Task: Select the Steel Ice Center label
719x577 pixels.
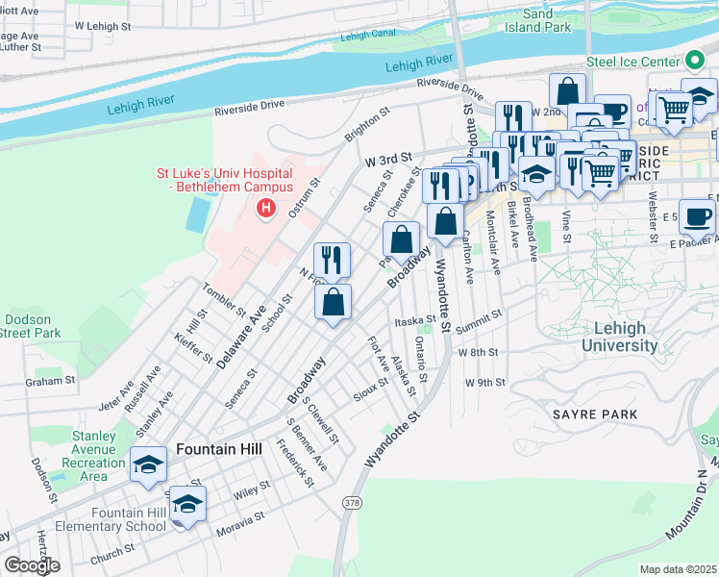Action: pos(633,62)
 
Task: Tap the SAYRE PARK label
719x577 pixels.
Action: pos(595,414)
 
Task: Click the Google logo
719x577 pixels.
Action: pos(32,565)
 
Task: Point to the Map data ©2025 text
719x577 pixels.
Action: pos(678,569)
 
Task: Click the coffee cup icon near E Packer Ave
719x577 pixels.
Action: pos(697,215)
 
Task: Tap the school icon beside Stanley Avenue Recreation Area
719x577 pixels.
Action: pos(148,464)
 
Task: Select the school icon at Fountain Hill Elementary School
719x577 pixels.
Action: pos(189,503)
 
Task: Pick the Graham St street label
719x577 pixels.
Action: pos(50,381)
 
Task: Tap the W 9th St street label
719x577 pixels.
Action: pos(484,382)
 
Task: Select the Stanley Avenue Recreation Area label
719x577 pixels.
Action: pos(92,456)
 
